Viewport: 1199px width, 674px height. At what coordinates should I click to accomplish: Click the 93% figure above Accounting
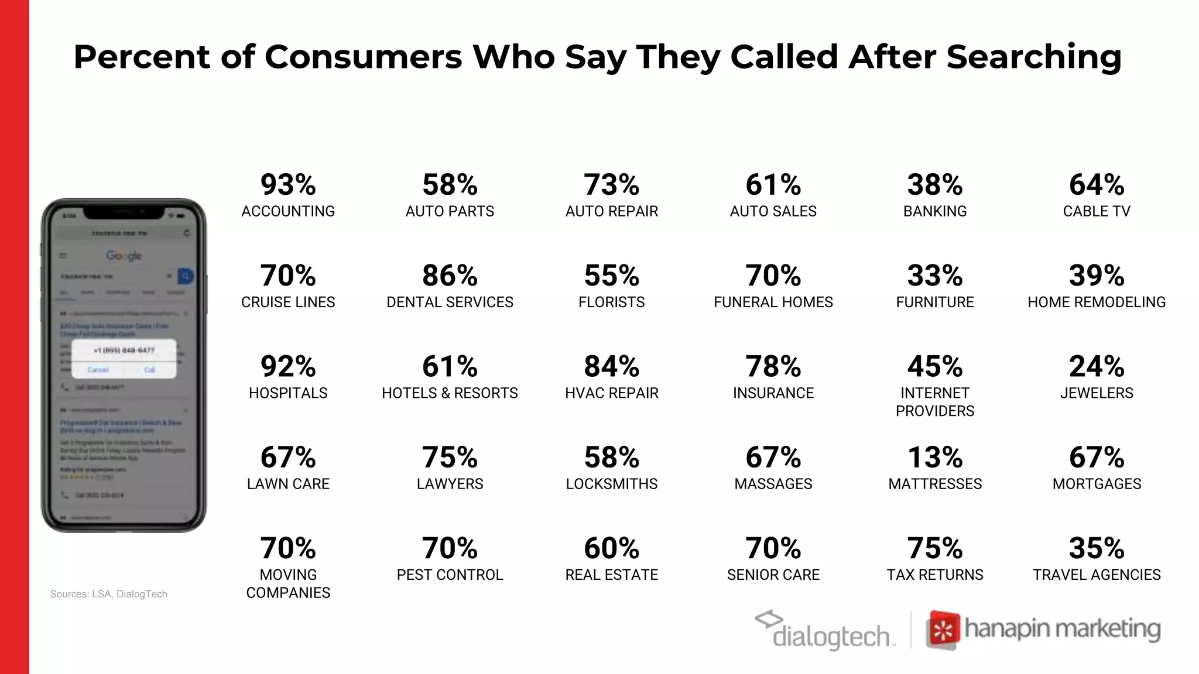click(x=288, y=185)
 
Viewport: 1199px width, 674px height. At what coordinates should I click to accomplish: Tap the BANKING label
click(x=934, y=211)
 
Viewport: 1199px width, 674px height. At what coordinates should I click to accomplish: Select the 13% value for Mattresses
click(x=934, y=458)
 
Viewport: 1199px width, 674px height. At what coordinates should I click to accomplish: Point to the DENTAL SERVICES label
click(x=450, y=302)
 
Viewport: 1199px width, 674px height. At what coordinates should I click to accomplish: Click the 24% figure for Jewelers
click(x=1096, y=367)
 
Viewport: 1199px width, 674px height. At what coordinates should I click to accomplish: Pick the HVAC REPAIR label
click(x=611, y=393)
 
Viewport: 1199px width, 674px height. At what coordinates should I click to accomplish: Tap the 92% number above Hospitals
click(x=288, y=367)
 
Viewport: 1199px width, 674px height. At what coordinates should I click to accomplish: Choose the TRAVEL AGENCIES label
click(x=1096, y=575)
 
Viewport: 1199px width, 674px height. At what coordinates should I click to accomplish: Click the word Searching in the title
click(x=1033, y=57)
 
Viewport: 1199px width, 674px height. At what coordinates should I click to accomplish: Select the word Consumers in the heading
click(x=363, y=57)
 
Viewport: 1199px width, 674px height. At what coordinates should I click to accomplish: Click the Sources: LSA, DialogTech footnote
click(x=109, y=594)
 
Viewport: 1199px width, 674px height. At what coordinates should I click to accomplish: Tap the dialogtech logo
click(x=825, y=631)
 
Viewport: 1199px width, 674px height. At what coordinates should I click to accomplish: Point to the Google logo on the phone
click(x=124, y=256)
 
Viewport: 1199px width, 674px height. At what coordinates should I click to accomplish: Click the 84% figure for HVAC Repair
click(x=611, y=367)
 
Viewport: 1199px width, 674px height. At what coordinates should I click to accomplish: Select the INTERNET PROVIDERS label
click(x=934, y=402)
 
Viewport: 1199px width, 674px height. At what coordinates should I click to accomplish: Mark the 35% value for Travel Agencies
click(x=1096, y=549)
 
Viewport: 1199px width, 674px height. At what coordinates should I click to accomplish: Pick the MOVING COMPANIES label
click(x=288, y=583)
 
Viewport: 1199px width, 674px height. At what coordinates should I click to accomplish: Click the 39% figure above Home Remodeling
click(x=1096, y=276)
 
